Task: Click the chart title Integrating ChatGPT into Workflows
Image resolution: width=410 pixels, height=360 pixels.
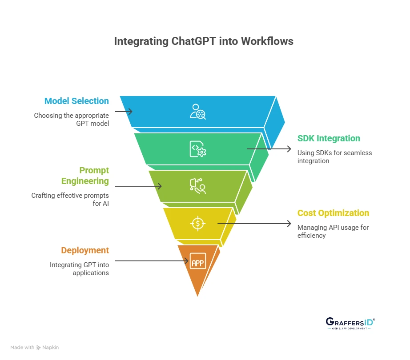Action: pyautogui.click(x=204, y=41)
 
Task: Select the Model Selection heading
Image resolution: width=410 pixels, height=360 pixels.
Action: pyautogui.click(x=76, y=101)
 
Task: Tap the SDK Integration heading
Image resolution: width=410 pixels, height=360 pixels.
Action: pyautogui.click(x=329, y=138)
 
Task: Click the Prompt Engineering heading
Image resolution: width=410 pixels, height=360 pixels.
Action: pyautogui.click(x=85, y=176)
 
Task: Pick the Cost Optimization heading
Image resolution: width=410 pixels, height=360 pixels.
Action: pyautogui.click(x=333, y=213)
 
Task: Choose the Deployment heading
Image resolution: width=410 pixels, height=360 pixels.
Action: pyautogui.click(x=85, y=250)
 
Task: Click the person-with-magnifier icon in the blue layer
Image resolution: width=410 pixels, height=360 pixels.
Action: pyautogui.click(x=197, y=112)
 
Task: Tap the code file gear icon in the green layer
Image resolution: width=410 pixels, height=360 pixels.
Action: pyautogui.click(x=197, y=149)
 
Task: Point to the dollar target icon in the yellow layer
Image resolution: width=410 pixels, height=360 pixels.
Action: pyautogui.click(x=197, y=223)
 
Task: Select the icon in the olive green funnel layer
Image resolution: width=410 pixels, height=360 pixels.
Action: pyautogui.click(x=197, y=186)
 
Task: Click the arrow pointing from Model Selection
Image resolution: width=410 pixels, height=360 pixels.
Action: pyautogui.click(x=124, y=112)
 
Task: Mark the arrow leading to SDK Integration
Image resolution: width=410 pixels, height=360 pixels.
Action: pyautogui.click(x=269, y=149)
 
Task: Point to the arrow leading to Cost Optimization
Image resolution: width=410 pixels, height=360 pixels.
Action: pyautogui.click(x=254, y=224)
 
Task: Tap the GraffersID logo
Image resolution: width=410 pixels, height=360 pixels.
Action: pyautogui.click(x=350, y=323)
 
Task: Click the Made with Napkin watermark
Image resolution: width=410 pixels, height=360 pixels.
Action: pyautogui.click(x=35, y=347)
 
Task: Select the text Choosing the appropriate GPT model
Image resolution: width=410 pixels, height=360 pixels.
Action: pyautogui.click(x=72, y=120)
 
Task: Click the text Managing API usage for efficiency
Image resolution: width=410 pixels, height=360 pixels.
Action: pyautogui.click(x=333, y=231)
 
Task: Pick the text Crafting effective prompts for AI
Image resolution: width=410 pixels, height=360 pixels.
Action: pyautogui.click(x=70, y=199)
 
